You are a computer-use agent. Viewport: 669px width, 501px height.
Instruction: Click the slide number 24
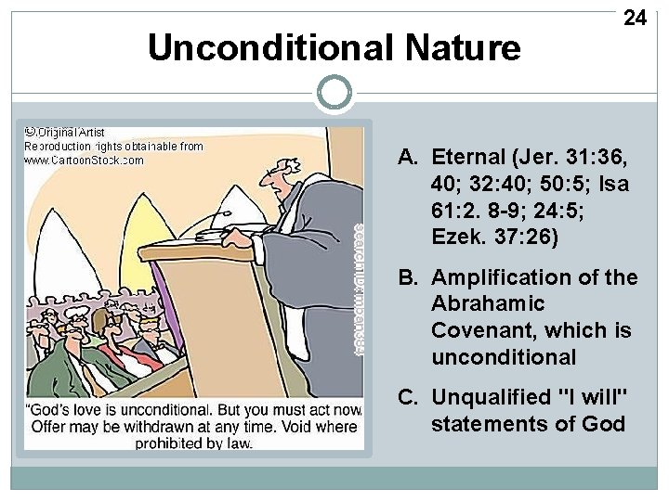635,18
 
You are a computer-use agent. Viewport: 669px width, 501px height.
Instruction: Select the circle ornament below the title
334,92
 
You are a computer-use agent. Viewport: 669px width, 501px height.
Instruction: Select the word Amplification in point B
505,277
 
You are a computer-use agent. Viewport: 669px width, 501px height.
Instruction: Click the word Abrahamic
488,304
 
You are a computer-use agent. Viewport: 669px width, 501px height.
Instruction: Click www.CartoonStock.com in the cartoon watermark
84,160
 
